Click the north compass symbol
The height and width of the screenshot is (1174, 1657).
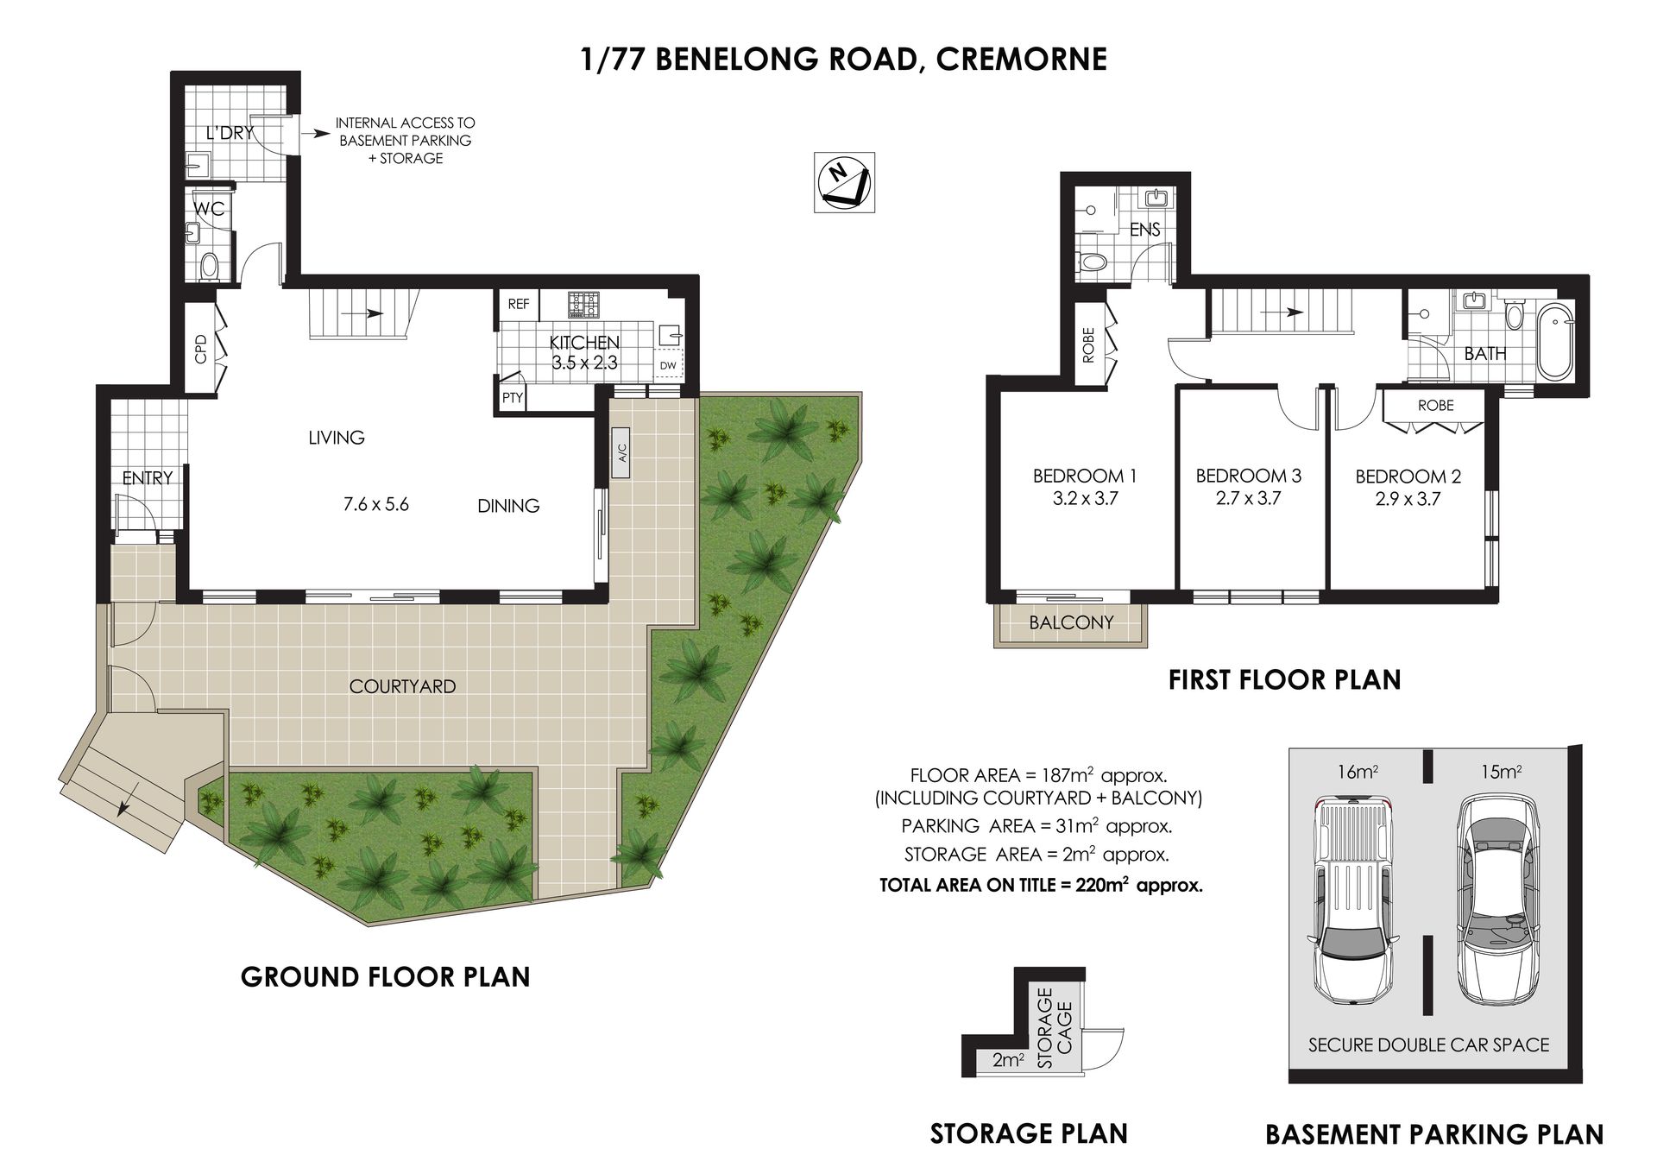844,182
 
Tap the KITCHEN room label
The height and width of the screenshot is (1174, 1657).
584,343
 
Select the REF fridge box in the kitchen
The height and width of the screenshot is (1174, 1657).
519,305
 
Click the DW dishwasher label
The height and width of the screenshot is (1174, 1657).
668,366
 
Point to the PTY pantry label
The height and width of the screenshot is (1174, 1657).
513,398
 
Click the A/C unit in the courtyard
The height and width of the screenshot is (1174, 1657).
622,452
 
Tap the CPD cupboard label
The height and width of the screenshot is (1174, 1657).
201,349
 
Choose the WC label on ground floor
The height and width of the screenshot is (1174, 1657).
210,209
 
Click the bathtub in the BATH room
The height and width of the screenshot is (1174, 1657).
1556,340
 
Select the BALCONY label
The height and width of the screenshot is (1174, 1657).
1071,622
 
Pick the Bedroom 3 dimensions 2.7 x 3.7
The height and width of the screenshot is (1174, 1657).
1248,498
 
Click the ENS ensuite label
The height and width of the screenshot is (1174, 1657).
1145,230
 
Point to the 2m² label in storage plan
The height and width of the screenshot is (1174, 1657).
1007,1060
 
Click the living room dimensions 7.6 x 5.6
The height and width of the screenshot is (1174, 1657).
376,504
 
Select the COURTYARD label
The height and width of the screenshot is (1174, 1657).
402,686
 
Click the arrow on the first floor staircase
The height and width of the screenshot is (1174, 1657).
1281,312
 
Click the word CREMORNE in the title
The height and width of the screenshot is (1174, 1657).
1022,60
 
